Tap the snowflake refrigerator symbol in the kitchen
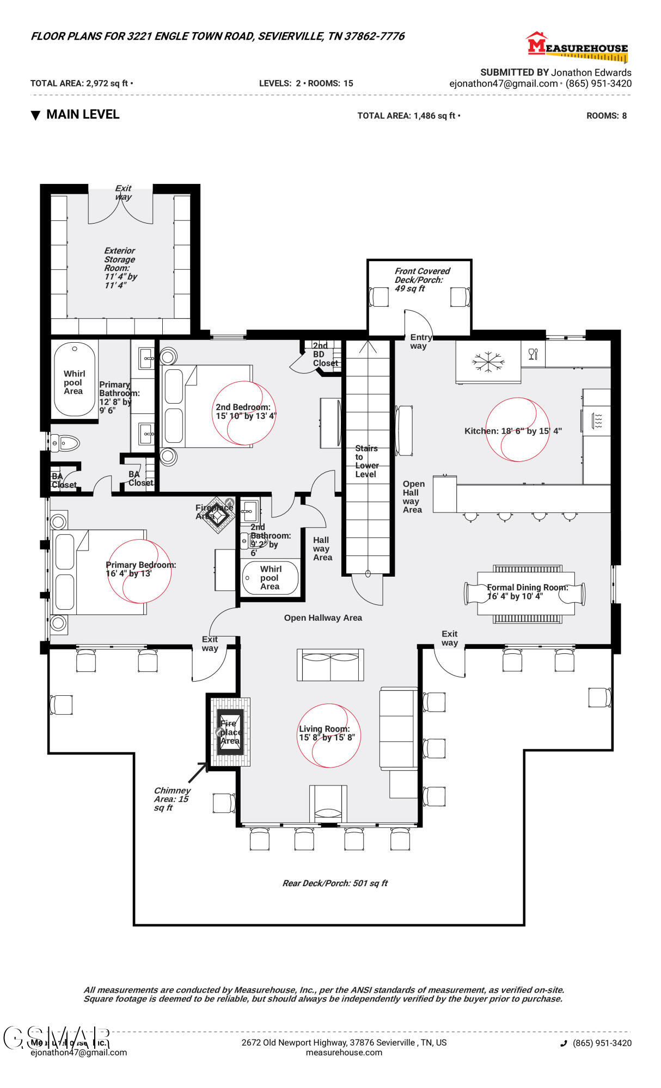pos(488,361)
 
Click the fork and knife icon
pos(533,354)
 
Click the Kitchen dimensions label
pos(512,431)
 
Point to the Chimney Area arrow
pos(197,772)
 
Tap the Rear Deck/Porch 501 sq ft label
pos(334,883)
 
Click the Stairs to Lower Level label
pos(366,461)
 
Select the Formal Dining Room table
pos(525,593)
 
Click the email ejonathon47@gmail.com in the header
pos(503,83)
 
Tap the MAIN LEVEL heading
pos(82,114)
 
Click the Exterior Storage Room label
pos(120,268)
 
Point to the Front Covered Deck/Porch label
pos(421,279)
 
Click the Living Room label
pos(326,733)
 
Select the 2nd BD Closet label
pos(325,354)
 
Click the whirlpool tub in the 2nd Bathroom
pos(270,578)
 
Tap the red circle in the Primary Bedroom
pos(139,571)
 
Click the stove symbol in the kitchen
pos(597,420)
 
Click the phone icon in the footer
pos(564,1043)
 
